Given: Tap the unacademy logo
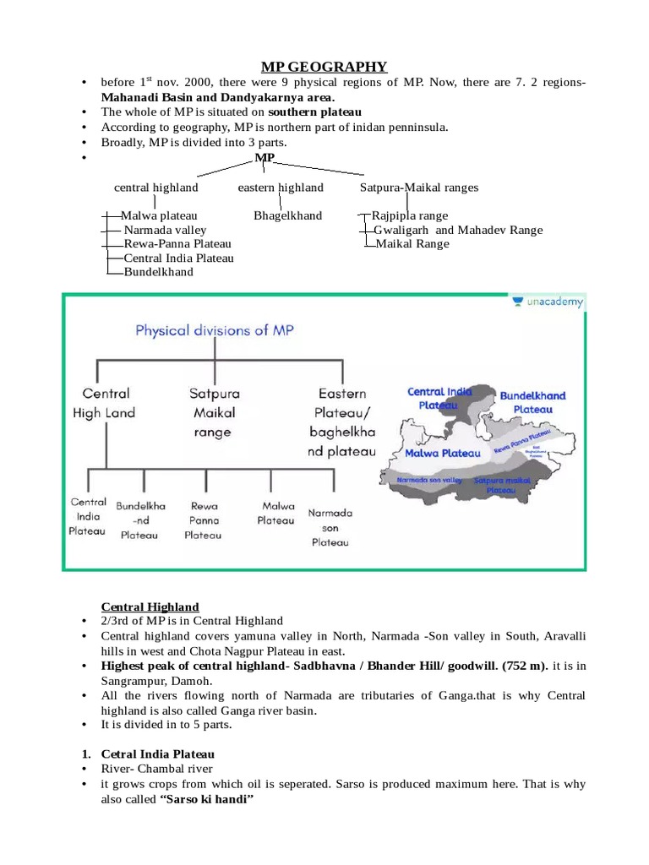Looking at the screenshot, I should tap(548, 302).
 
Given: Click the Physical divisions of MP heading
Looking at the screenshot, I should tap(215, 329).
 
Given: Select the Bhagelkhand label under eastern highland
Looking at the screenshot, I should tap(287, 215).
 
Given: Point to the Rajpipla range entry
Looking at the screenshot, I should tap(410, 215).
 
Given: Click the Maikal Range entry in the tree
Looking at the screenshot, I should tap(412, 243).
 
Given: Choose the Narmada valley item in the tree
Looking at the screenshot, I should tap(165, 230).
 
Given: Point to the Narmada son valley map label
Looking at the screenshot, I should tap(429, 480).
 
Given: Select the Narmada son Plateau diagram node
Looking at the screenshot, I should tap(330, 527).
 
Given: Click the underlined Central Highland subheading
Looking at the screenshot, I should tap(150, 607).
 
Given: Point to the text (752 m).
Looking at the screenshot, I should tap(525, 666).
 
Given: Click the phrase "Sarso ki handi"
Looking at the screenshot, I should tap(206, 798).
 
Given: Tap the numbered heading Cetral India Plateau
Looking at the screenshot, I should tap(158, 753).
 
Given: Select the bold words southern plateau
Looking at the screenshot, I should tap(314, 112).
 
